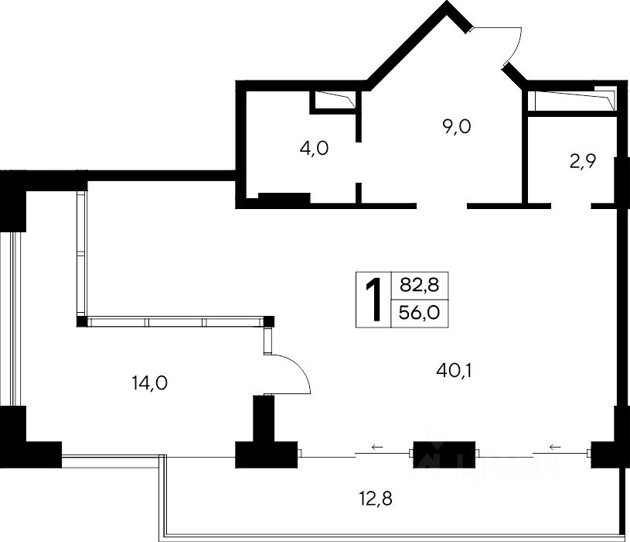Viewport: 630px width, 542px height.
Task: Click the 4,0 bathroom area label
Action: (314, 149)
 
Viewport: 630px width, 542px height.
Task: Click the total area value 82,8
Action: (419, 285)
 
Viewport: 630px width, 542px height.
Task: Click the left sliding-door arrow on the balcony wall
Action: (376, 447)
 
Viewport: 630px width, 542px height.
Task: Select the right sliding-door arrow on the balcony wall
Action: (554, 447)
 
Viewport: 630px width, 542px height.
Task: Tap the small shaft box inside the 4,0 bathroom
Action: (333, 101)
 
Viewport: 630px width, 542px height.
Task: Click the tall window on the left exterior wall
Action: (6, 317)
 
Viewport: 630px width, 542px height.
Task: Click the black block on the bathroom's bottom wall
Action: (283, 199)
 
